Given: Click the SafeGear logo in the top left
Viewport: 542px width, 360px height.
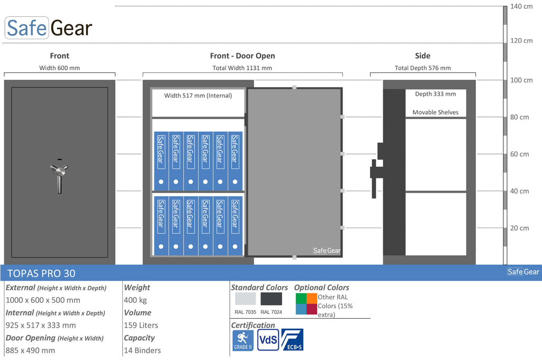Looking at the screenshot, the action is (49, 28).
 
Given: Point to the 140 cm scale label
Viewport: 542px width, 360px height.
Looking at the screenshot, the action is (521, 6).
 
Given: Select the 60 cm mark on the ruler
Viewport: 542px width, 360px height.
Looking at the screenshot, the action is (520, 154).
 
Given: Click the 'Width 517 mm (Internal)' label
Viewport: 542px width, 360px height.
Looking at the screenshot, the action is (198, 95).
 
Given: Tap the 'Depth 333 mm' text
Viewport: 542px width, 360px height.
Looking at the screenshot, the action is (436, 94).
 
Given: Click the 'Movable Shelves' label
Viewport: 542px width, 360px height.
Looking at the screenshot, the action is (436, 112).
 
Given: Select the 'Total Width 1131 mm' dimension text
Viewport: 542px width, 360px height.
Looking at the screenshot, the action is (242, 68).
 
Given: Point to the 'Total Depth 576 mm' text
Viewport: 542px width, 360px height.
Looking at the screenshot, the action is (423, 68).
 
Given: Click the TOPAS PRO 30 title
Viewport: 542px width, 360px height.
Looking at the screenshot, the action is (41, 273).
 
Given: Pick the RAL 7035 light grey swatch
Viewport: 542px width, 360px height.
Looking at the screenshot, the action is (246, 299).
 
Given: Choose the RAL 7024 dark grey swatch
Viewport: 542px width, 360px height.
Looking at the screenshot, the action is (272, 299).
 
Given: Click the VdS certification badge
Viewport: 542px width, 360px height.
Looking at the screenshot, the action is (268, 340).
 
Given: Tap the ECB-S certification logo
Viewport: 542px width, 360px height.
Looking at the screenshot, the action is (292, 339).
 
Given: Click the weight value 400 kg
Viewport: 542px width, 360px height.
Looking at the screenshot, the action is (135, 300).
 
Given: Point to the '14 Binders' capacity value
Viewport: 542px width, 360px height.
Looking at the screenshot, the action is (142, 350).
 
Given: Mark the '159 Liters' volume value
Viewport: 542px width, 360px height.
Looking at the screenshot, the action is (141, 325).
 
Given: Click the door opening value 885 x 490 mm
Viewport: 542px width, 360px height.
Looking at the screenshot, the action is (30, 350).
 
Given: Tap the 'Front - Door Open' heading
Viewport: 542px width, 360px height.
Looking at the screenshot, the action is (242, 56).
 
